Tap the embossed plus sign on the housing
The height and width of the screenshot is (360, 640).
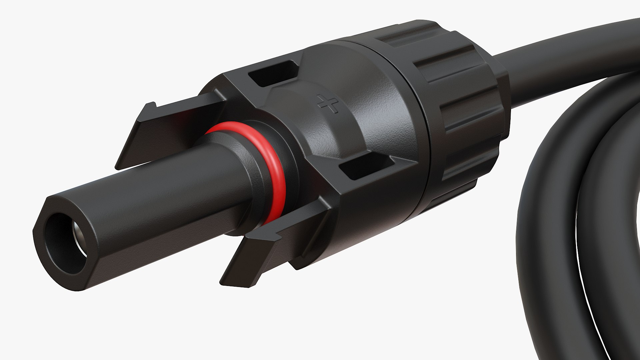point(328,103)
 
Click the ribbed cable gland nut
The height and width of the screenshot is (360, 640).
point(467,100)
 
